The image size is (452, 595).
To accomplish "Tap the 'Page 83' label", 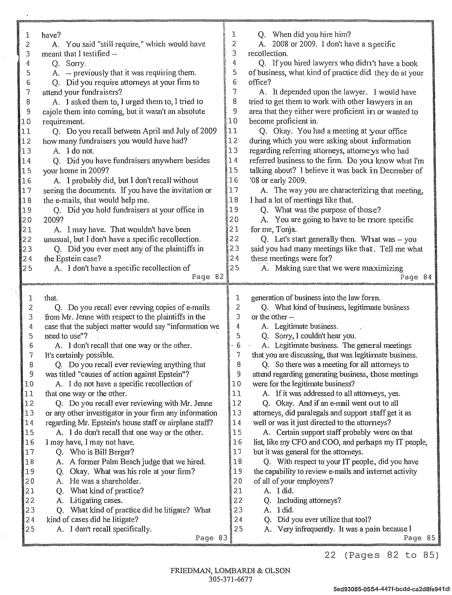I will tap(211, 538).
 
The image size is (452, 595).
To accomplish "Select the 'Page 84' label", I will tap(416, 277).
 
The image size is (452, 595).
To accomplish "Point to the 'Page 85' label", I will tap(419, 538).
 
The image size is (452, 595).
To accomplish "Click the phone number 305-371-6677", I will tap(230, 579).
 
